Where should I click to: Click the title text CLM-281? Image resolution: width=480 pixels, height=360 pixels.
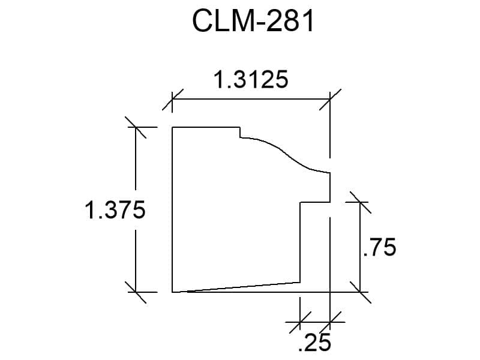click(253, 21)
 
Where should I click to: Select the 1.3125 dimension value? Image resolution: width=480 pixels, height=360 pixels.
click(251, 80)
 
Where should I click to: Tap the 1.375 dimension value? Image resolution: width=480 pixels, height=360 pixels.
click(115, 210)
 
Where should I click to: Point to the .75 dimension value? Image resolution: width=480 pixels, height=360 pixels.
click(379, 247)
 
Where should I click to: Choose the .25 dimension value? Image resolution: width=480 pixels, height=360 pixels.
click(314, 342)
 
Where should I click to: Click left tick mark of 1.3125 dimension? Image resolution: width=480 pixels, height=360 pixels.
click(172, 99)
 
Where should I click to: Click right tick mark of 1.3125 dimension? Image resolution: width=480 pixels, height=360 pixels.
click(330, 99)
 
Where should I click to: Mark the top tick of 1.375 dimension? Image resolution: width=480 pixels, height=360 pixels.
click(136, 127)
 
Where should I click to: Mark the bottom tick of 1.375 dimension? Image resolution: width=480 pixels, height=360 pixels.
click(136, 292)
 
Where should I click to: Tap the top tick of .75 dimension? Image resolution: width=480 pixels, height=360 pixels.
click(361, 202)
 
